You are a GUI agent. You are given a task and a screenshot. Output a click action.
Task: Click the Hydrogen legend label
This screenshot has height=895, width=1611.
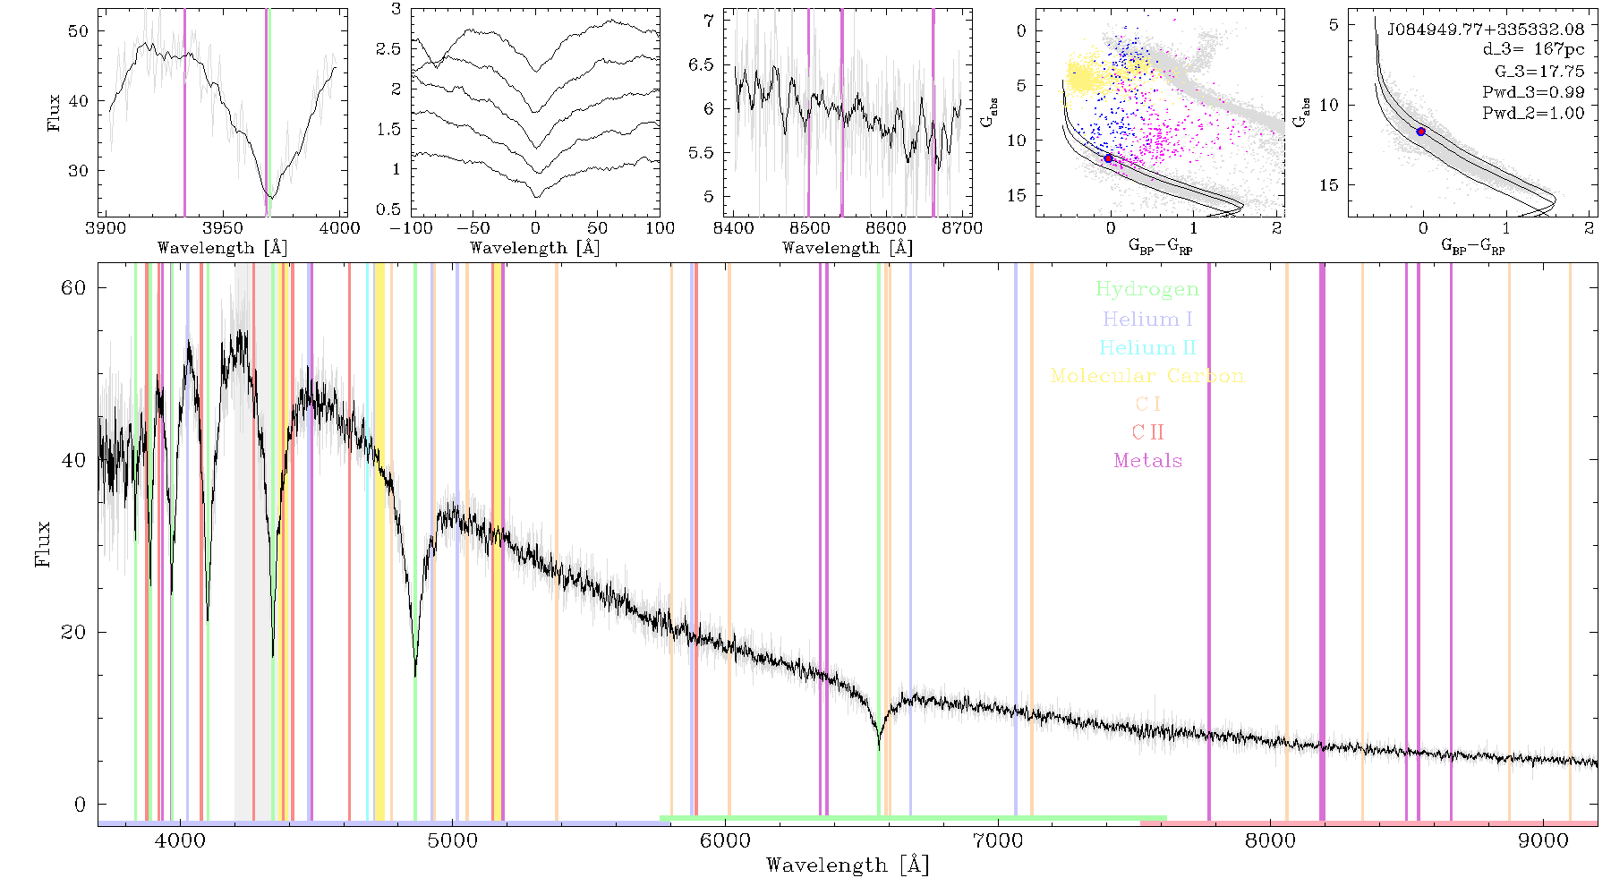(1146, 289)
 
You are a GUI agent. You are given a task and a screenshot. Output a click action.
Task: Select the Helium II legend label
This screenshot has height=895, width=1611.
(1147, 347)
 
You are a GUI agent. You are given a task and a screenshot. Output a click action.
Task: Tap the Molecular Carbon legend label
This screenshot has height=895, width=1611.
(1147, 376)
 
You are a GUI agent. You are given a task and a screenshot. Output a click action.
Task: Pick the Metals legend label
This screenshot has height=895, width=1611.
(1147, 461)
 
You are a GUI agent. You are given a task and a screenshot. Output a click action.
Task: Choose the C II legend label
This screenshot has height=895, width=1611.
(1147, 432)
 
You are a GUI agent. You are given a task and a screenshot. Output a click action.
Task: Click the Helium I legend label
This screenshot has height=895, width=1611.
(1147, 319)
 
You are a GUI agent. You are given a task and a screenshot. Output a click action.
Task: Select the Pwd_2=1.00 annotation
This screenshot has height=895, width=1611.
(1533, 113)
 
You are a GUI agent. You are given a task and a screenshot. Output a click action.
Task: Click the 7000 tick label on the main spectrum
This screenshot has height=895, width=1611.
(997, 841)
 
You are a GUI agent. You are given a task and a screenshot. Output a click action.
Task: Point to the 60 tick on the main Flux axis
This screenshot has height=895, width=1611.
(74, 287)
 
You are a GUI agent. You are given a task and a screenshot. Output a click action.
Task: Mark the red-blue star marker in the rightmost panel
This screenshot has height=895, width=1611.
(1420, 132)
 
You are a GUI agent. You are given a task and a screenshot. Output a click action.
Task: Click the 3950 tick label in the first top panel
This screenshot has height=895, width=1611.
(223, 227)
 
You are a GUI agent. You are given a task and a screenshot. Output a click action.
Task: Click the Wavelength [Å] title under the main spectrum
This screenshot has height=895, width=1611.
(848, 865)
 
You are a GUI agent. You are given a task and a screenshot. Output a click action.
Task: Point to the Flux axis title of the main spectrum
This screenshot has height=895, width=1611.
(42, 544)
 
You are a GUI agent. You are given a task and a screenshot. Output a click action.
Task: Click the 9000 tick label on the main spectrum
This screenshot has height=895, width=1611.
(1542, 841)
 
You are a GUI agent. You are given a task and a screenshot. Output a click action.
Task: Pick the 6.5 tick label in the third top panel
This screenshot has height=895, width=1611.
(703, 64)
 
